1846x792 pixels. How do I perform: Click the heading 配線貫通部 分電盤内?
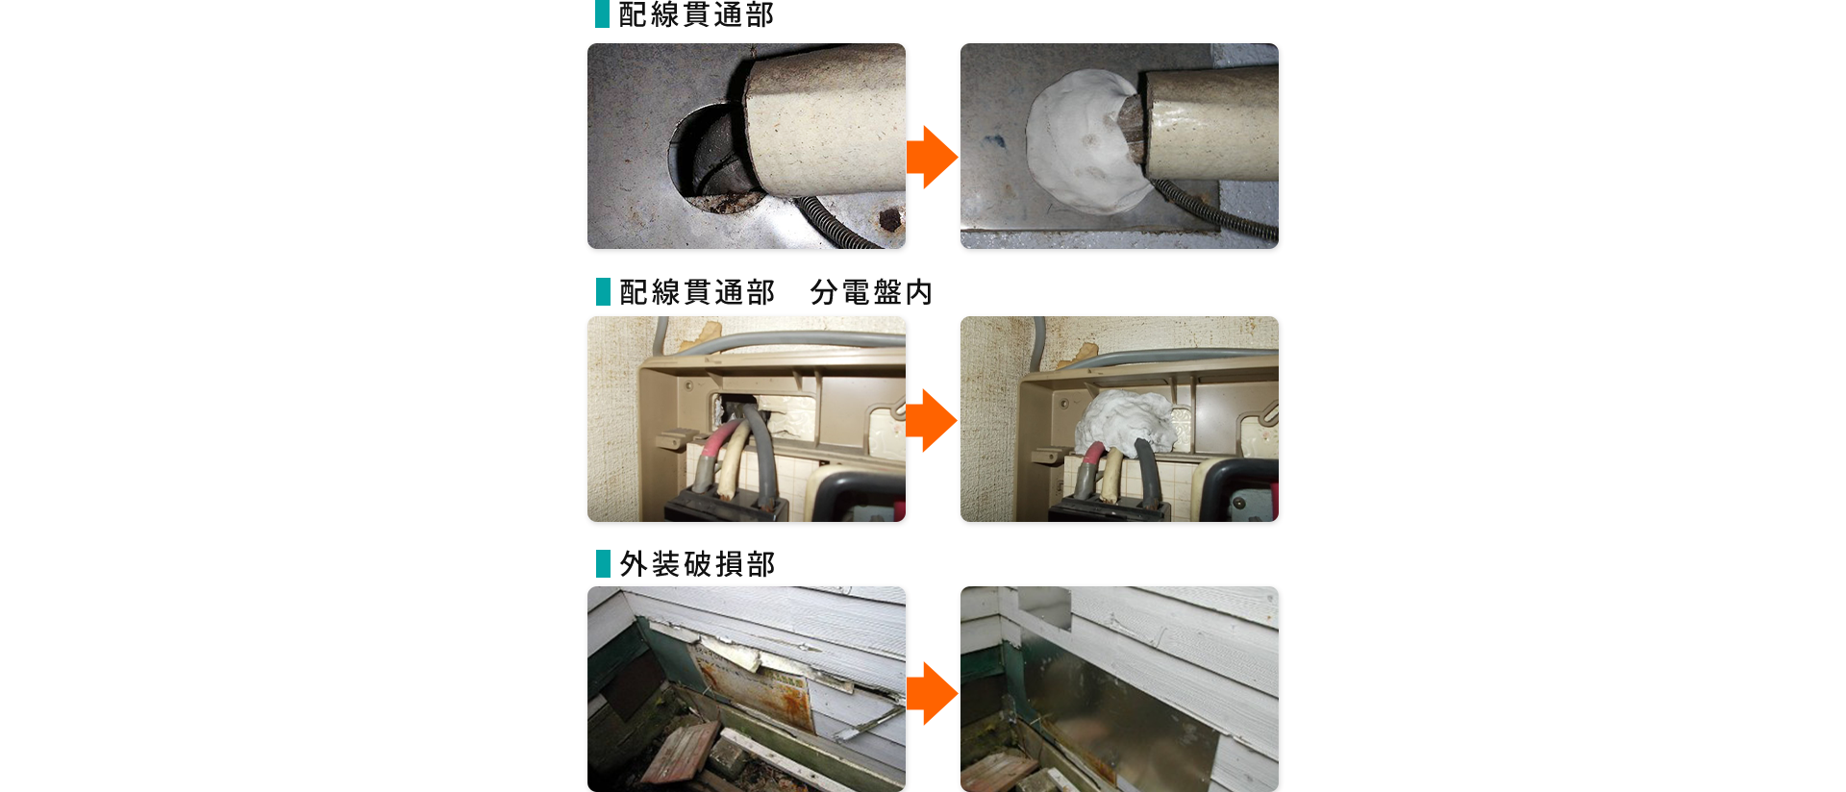776,292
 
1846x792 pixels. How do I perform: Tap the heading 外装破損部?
697,564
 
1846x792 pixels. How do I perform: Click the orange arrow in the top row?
932,157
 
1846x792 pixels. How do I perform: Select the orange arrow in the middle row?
932,420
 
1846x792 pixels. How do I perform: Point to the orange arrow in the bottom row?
932,693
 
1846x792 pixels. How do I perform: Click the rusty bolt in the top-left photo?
890,221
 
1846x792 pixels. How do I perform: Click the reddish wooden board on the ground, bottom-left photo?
681,752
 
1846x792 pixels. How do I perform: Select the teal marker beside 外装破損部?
603,563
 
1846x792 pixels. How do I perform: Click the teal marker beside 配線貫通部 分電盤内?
603,291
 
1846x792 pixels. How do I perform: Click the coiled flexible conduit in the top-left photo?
835,223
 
